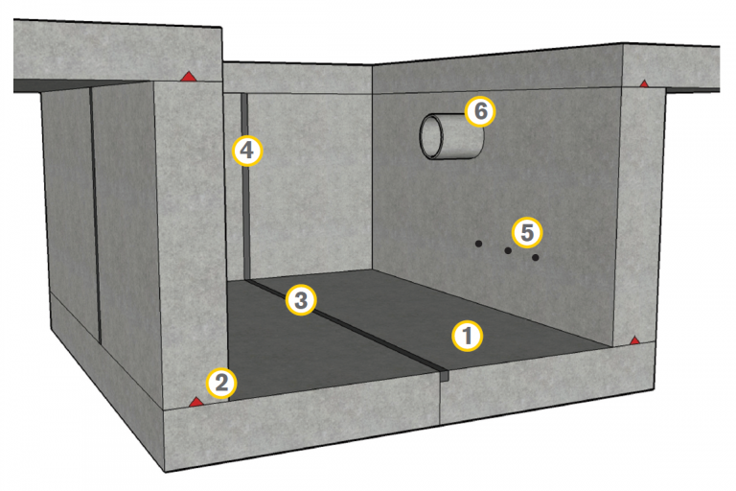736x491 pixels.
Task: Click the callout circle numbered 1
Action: (x=467, y=336)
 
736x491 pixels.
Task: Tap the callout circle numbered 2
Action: (x=221, y=384)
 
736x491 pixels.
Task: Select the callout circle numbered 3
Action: (x=301, y=300)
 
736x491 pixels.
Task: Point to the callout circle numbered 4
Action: (x=247, y=151)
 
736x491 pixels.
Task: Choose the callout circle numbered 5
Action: (x=527, y=233)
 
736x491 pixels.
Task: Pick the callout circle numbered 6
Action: (x=480, y=112)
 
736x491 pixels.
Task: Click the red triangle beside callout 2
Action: (x=195, y=402)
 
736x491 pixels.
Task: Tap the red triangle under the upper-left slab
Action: (x=188, y=76)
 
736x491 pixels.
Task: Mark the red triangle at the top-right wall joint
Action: (x=644, y=83)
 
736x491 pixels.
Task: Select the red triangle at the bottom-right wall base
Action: (x=634, y=340)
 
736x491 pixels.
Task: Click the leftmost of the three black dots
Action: (x=478, y=244)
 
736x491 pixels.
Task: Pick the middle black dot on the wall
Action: (x=508, y=250)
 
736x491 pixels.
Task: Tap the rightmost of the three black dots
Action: (x=535, y=257)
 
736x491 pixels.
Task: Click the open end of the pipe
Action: (x=431, y=136)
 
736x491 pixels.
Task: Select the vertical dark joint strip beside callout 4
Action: (x=245, y=186)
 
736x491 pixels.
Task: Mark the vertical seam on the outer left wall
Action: (x=95, y=214)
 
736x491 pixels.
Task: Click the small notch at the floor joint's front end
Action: (x=445, y=374)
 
